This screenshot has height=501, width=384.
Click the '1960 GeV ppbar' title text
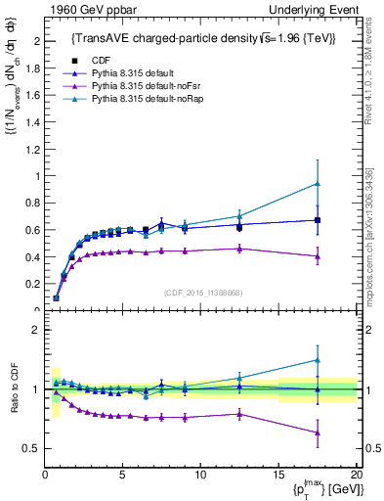coord(85,9)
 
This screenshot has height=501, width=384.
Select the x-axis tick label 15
coord(278,476)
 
